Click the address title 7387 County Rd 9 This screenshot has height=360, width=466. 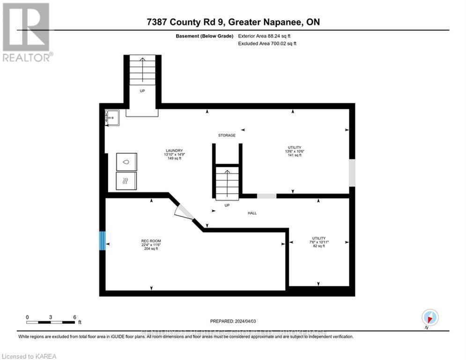233,22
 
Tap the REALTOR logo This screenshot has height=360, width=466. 27,32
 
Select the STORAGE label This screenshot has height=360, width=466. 227,135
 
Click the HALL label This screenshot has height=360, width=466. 252,213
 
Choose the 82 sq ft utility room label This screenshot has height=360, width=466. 319,242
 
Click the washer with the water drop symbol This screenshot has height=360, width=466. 126,161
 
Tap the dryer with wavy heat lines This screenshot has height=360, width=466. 126,181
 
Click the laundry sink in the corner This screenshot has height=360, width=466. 112,118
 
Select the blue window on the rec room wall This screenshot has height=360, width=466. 102,241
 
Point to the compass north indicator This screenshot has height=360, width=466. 429,318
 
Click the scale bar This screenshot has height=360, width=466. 51,322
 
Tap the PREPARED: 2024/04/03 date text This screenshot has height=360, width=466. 233,321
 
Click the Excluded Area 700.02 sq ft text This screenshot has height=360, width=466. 267,44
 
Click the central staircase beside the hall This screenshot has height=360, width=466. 227,183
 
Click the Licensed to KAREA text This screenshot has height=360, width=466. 29,356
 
